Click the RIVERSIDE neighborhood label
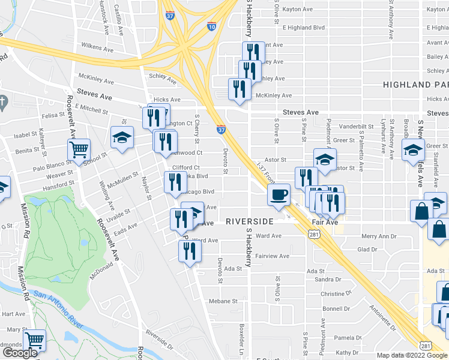tap(250, 221)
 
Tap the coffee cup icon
tap(279, 196)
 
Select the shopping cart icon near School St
tap(79, 150)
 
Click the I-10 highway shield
tap(211, 26)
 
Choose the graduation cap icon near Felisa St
tap(122, 137)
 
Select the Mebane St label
tap(223, 301)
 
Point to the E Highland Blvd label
tap(304, 28)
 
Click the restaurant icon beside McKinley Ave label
tap(240, 89)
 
